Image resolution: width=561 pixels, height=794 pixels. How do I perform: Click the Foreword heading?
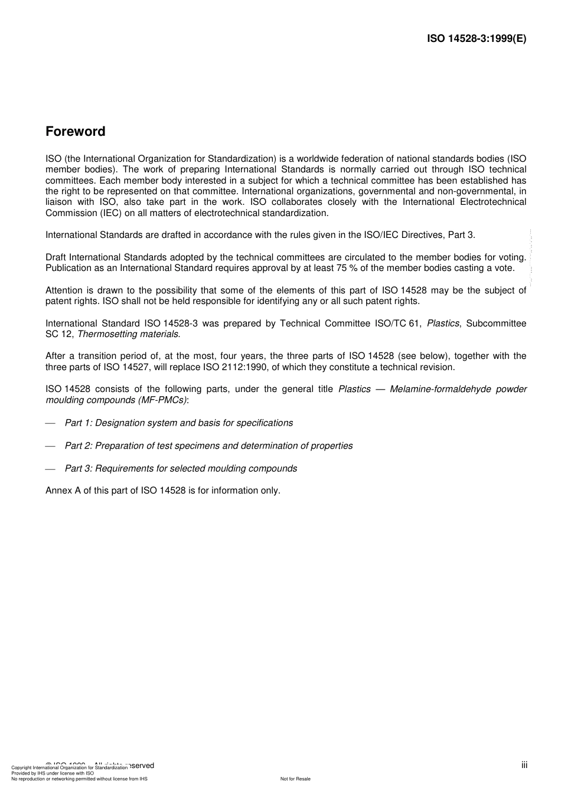(x=76, y=132)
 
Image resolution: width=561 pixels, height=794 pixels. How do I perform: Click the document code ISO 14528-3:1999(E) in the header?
(x=476, y=39)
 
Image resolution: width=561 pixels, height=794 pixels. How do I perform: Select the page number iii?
(x=524, y=765)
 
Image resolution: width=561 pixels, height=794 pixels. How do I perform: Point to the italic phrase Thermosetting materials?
(x=129, y=334)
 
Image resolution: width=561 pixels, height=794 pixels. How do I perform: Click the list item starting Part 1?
(x=178, y=423)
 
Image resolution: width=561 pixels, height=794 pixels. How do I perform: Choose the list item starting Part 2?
(x=208, y=446)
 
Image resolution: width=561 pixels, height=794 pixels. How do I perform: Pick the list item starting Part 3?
(x=181, y=468)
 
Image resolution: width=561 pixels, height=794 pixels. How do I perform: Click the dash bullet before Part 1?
(x=50, y=423)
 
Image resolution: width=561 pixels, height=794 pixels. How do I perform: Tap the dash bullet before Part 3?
(x=50, y=469)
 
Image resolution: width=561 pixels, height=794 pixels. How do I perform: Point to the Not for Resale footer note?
(x=295, y=779)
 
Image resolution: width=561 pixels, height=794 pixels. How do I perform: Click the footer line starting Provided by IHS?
(x=53, y=773)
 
